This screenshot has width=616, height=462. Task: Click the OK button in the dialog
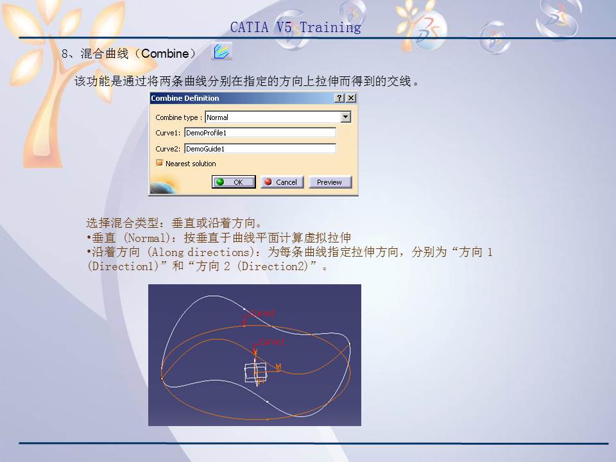[x=234, y=182]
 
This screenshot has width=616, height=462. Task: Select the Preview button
[x=330, y=182]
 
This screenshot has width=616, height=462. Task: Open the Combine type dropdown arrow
[x=346, y=117]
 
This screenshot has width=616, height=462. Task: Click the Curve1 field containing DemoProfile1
[x=260, y=133]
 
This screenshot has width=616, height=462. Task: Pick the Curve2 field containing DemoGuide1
[x=260, y=149]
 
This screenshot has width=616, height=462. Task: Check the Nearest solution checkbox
[x=160, y=164]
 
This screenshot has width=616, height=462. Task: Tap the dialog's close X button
[x=351, y=98]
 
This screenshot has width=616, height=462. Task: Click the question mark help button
[x=339, y=98]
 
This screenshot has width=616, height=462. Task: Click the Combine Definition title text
[x=185, y=98]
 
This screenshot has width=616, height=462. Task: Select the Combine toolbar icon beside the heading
[x=221, y=52]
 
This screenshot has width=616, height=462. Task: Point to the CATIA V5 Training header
[x=295, y=28]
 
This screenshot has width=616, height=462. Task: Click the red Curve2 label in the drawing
[x=262, y=314]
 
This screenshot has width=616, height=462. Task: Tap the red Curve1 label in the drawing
[x=271, y=343]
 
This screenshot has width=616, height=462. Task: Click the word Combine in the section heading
[x=165, y=54]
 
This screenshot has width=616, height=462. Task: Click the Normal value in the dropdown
[x=218, y=117]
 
